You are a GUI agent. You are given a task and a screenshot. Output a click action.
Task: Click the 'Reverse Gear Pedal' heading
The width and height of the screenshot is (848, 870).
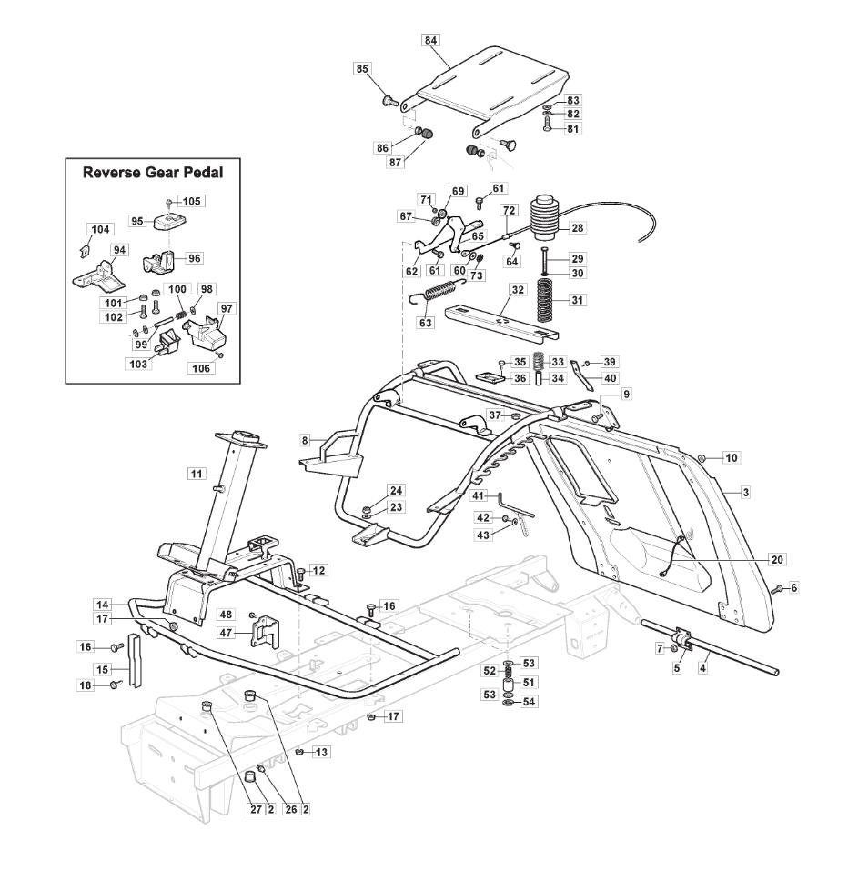pyautogui.click(x=153, y=172)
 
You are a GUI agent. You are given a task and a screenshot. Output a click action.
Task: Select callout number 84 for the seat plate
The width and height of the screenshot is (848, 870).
pyautogui.click(x=430, y=40)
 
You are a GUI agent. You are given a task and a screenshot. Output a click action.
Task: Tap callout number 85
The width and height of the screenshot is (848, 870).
pyautogui.click(x=361, y=68)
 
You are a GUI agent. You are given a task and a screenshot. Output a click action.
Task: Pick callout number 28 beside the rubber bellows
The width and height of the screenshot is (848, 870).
pyautogui.click(x=578, y=226)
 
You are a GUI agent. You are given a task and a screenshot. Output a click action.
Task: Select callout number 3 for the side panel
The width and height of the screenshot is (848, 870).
pyautogui.click(x=745, y=492)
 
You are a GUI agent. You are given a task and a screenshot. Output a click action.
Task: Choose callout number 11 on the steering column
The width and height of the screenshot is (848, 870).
pyautogui.click(x=197, y=473)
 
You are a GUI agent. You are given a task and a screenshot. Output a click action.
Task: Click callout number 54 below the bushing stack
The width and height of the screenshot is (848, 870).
pyautogui.click(x=529, y=703)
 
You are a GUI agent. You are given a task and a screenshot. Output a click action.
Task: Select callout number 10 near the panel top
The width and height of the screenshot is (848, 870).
pyautogui.click(x=731, y=457)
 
